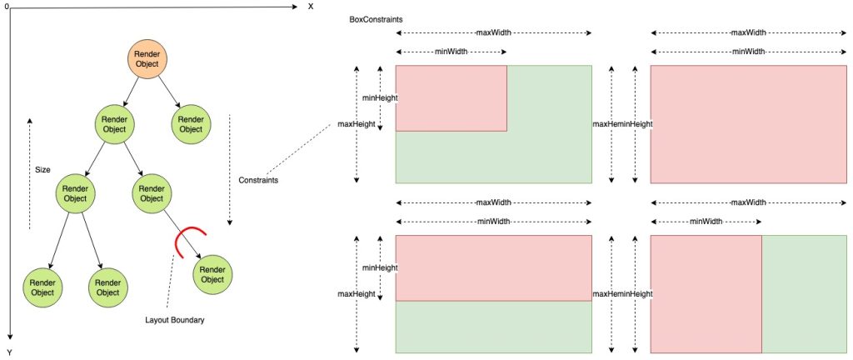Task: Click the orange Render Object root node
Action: (148, 59)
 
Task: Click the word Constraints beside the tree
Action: (258, 180)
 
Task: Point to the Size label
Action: (42, 169)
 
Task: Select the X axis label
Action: (311, 7)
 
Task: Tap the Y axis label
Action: (9, 352)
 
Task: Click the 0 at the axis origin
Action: (6, 7)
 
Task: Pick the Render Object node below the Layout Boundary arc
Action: (212, 274)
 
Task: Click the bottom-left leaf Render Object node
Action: (40, 287)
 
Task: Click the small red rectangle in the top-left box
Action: (451, 97)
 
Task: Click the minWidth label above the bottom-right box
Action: (706, 221)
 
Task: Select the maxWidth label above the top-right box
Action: (749, 33)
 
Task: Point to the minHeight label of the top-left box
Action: (379, 97)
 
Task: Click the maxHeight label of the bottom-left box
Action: (356, 293)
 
